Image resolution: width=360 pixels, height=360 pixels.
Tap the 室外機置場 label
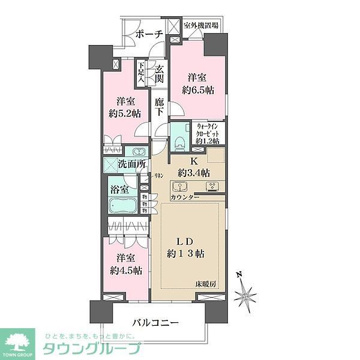point(201,25)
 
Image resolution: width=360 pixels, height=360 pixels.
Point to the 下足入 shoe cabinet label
point(140,72)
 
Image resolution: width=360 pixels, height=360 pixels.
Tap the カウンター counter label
point(185,197)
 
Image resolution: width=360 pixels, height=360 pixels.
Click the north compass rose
point(247,295)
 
